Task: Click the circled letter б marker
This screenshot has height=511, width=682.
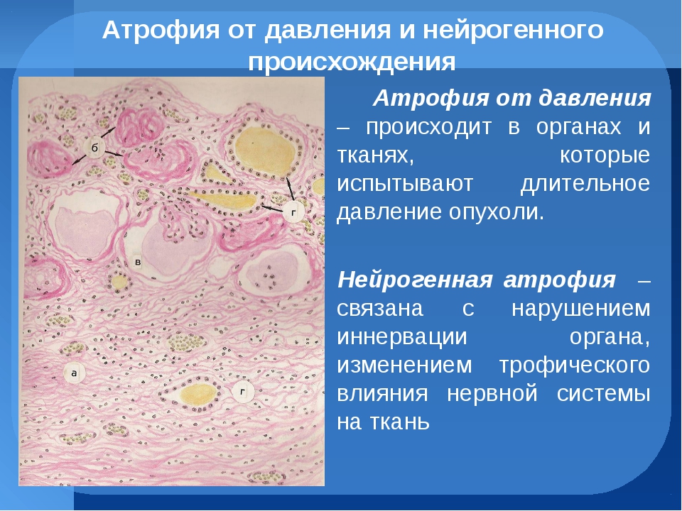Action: [x=94, y=148]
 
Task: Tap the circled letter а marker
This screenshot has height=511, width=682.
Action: [x=73, y=373]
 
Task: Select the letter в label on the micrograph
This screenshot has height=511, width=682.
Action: [x=138, y=262]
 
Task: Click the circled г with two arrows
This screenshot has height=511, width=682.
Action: [x=294, y=213]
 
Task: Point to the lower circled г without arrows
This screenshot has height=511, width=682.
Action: [x=243, y=392]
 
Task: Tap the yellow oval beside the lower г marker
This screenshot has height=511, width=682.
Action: [x=198, y=395]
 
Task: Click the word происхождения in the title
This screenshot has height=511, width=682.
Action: [x=352, y=62]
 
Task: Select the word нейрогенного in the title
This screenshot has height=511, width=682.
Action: [x=513, y=31]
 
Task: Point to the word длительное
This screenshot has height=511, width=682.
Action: [x=585, y=183]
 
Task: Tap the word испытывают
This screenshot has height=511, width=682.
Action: [x=405, y=185]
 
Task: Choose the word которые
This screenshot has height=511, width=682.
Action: [x=605, y=155]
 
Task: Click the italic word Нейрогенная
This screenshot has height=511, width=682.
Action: [x=414, y=280]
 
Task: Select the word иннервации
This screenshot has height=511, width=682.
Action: [x=402, y=336]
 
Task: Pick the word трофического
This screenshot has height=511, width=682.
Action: [x=574, y=366]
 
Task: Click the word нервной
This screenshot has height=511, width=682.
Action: [x=492, y=394]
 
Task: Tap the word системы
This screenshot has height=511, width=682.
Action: [x=603, y=394]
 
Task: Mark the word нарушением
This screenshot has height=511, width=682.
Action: [x=580, y=309]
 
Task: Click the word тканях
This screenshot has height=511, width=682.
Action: [x=375, y=156]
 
